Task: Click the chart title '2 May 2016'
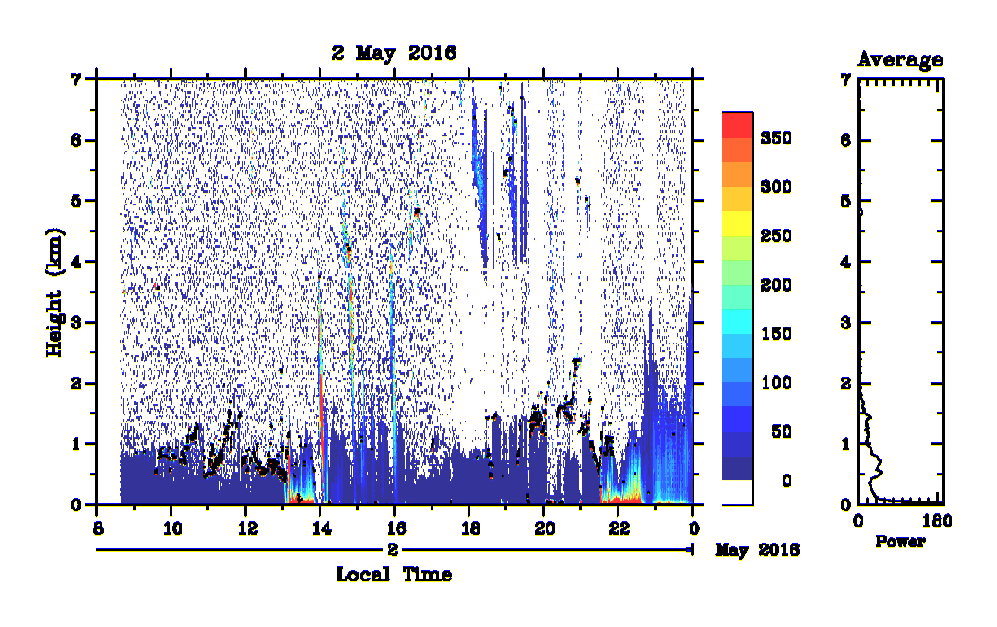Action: pos(394,53)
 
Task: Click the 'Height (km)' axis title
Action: pos(55,292)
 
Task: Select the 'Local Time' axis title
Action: pos(394,574)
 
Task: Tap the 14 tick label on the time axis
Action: pos(322,528)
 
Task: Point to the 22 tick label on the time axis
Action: pos(619,528)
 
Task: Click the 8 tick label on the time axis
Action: pos(98,528)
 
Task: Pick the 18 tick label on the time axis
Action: pos(470,528)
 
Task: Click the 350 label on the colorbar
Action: pos(775,138)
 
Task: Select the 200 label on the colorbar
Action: pos(775,285)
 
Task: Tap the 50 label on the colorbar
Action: pos(782,432)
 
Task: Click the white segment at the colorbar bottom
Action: pos(737,492)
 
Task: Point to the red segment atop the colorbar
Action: pos(737,126)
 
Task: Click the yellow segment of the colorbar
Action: pos(737,223)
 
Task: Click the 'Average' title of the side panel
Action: pos(900,60)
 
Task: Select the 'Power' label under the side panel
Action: pos(900,541)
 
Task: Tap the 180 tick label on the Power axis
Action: pos(937,521)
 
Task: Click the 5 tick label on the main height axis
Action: pos(76,202)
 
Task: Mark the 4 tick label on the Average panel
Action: pos(845,262)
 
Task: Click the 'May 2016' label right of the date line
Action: pos(757,550)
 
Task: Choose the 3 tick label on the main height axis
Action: pos(76,323)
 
